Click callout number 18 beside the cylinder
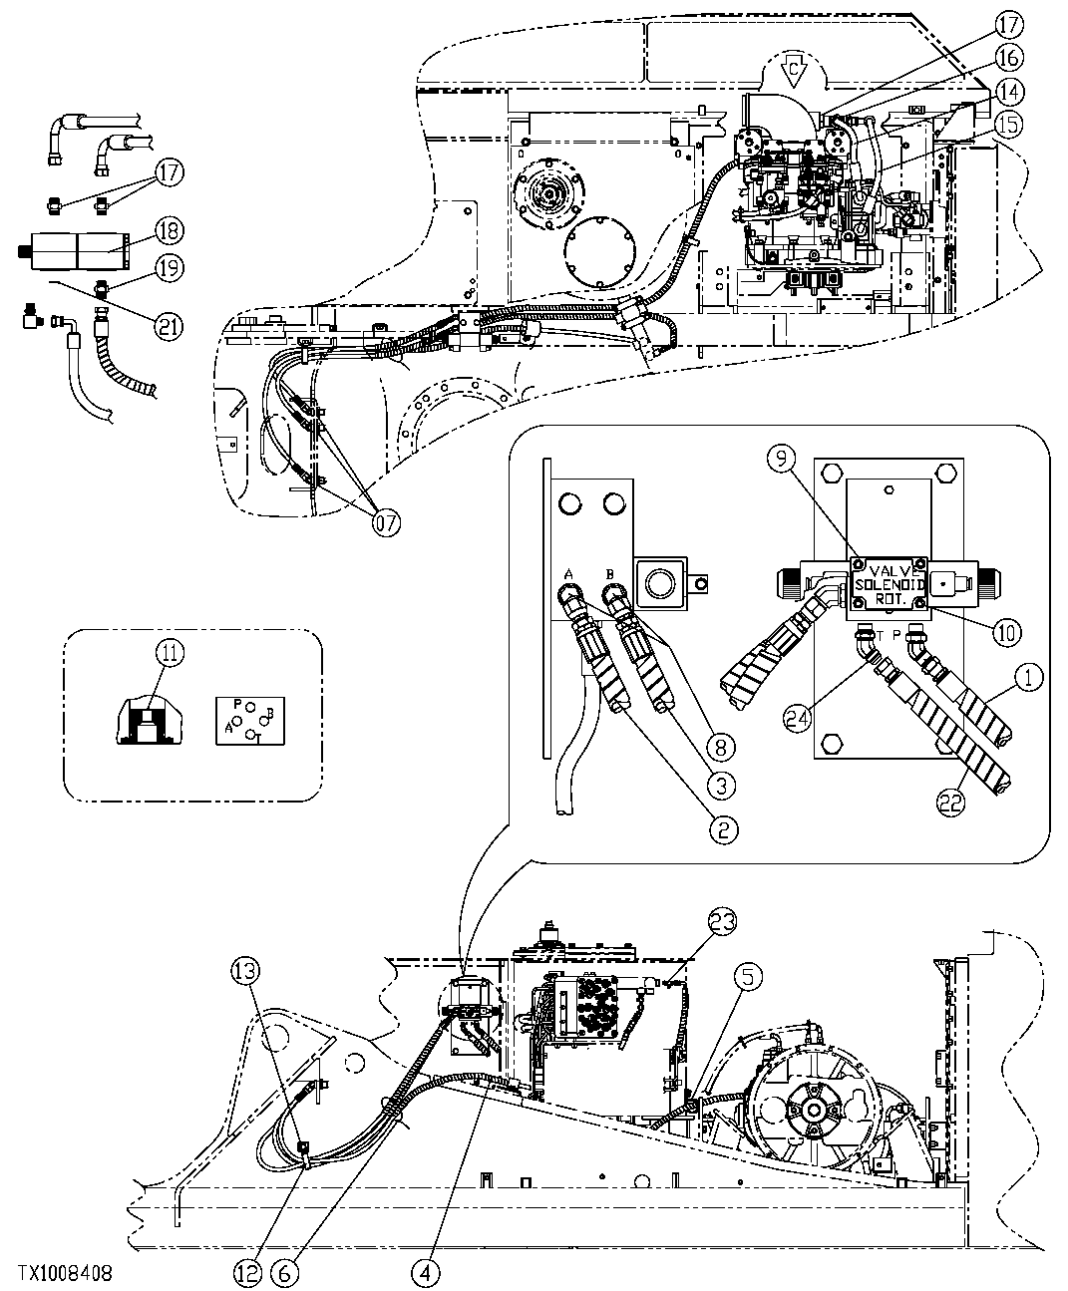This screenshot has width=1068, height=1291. coord(169,229)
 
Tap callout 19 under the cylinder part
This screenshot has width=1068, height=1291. coord(169,267)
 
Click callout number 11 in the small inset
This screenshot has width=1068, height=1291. coord(171,653)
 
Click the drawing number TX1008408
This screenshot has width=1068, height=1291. coord(64,1274)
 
